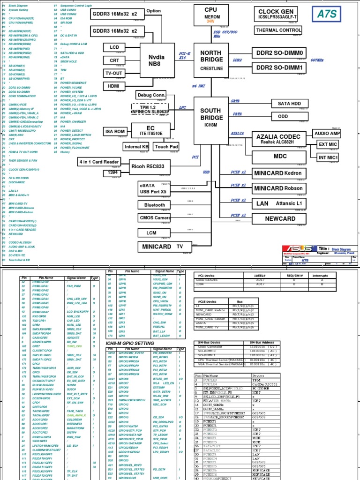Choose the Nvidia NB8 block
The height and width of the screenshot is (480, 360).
pos(157,60)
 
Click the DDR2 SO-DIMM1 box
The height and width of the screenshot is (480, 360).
pos(279,68)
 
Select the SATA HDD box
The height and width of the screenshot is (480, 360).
pos(289,103)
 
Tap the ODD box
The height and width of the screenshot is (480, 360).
pos(283,116)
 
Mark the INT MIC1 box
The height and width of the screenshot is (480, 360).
pos(328,157)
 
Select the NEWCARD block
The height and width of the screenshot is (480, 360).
pos(280,218)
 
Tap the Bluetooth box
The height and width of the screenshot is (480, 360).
pos(155,205)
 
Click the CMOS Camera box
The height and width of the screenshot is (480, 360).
pos(155,218)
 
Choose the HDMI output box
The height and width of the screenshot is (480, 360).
pos(114,86)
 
